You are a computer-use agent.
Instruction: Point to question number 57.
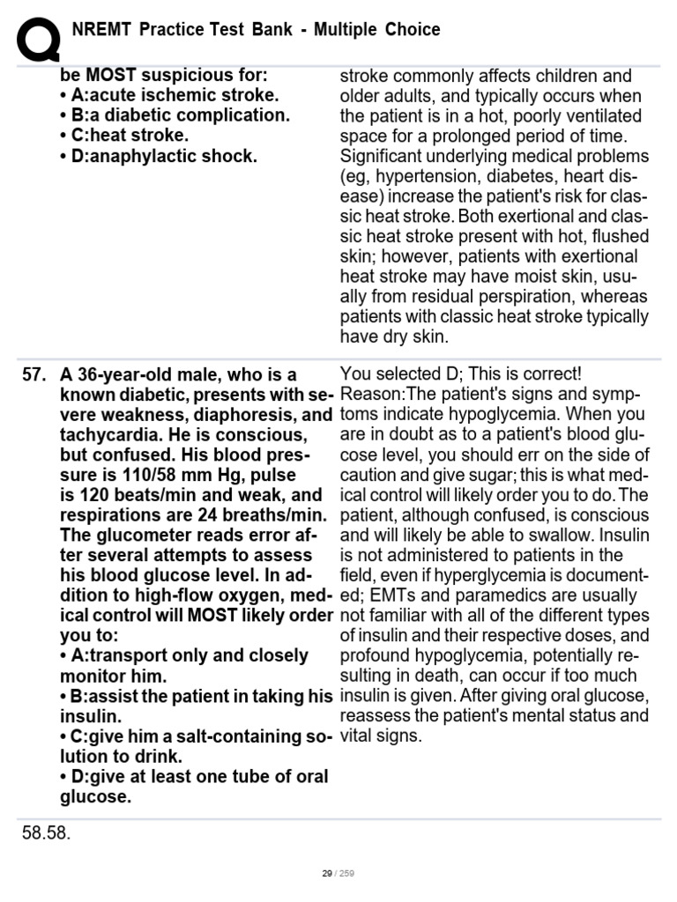click(33, 374)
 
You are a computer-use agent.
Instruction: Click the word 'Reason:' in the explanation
click(368, 395)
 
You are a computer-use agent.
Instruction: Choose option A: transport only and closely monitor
click(184, 665)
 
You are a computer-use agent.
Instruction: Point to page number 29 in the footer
click(326, 874)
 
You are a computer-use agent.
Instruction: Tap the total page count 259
click(346, 874)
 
